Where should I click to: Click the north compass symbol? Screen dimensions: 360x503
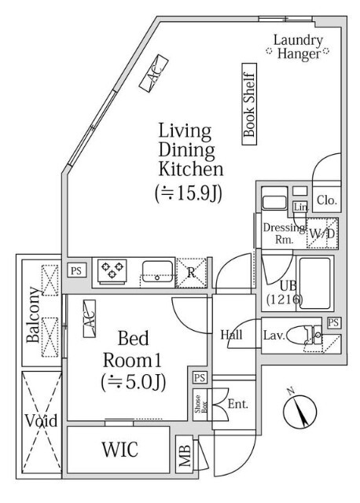point(299,412)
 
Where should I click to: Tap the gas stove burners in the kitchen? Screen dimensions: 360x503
point(112,271)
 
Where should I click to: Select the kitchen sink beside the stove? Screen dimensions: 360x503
point(157,271)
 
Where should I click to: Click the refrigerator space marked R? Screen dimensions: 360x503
point(191,273)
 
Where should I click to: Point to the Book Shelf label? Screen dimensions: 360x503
point(249,105)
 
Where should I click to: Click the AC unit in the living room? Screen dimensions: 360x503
point(154,73)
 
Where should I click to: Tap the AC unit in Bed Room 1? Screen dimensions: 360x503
point(90,318)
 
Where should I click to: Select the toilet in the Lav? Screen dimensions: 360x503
point(303,335)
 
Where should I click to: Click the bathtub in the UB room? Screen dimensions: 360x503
point(314,283)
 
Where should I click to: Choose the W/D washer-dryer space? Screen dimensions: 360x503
point(321,233)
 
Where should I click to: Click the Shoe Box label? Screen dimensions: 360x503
point(200,405)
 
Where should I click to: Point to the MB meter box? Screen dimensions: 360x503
point(185,454)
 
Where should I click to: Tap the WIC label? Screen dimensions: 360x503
point(120,449)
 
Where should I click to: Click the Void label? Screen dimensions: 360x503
point(42,420)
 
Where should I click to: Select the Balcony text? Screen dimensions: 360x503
point(33,314)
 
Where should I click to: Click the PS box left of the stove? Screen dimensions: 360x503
point(76,270)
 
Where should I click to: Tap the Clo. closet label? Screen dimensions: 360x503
point(327,200)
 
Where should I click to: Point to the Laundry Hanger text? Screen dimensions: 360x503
point(298,47)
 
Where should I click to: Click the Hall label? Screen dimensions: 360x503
point(231,335)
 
